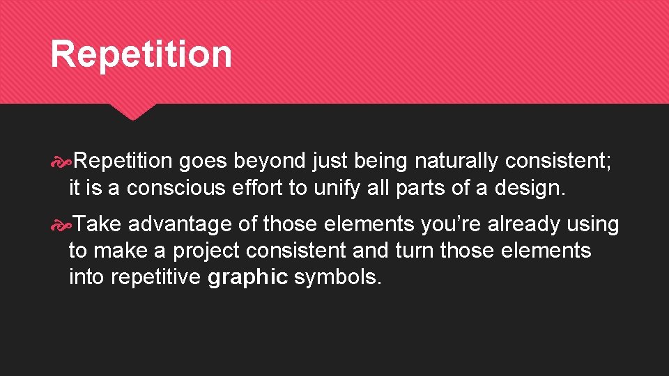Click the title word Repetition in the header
click(x=141, y=54)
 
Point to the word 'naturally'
click(x=456, y=162)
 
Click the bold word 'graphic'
click(x=247, y=276)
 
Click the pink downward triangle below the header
click(x=133, y=111)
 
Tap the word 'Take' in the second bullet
click(x=98, y=224)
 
